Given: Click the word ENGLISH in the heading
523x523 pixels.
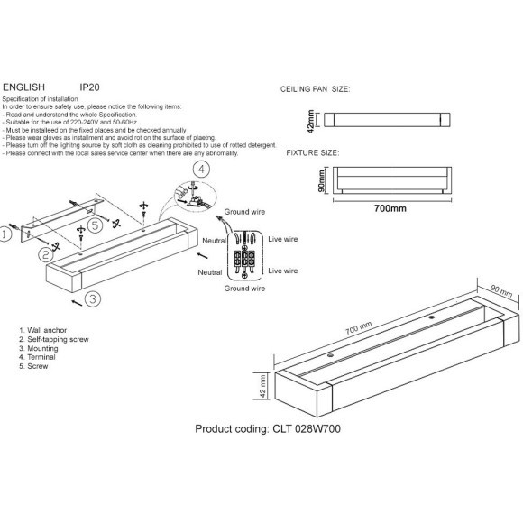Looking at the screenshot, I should tap(24, 88).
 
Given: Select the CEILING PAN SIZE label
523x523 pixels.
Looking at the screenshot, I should tap(316, 90).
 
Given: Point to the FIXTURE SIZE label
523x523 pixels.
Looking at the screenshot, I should tap(312, 153).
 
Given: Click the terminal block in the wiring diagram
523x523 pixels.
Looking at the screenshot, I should tap(244, 261).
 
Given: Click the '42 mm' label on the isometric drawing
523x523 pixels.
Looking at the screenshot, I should tap(263, 385).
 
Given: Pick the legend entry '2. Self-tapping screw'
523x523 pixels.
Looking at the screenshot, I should tap(52, 341).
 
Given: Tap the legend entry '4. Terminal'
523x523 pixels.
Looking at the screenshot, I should tap(37, 359).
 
